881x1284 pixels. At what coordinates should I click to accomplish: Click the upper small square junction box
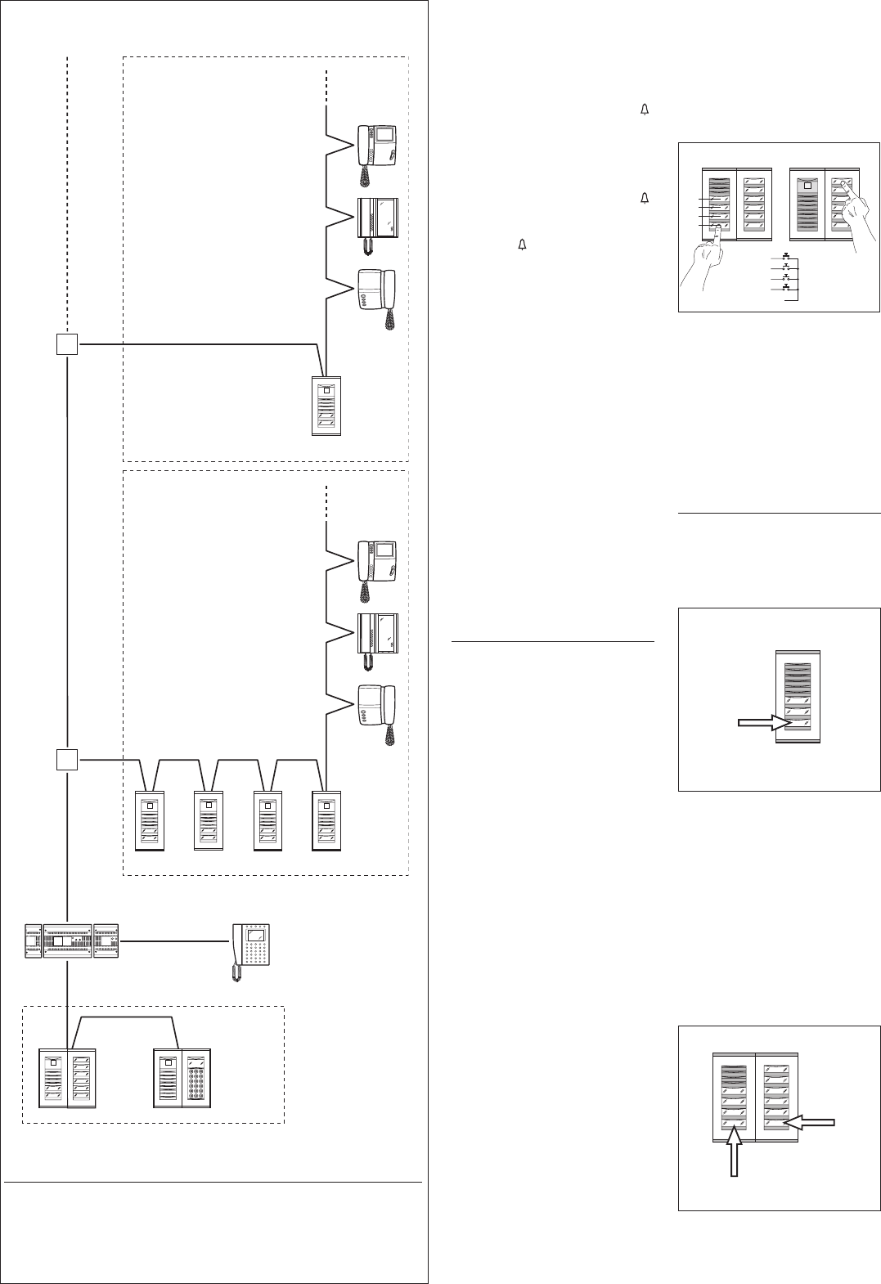pyautogui.click(x=67, y=344)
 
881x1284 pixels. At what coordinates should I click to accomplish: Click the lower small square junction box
pyautogui.click(x=67, y=760)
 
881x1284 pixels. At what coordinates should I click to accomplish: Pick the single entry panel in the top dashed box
pyautogui.click(x=326, y=406)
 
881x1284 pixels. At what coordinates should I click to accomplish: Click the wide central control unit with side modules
pyautogui.click(x=67, y=941)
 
